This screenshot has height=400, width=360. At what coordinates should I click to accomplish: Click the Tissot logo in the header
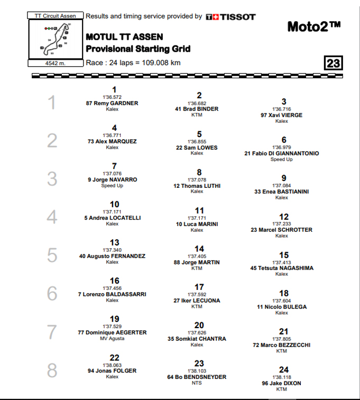tap(230, 17)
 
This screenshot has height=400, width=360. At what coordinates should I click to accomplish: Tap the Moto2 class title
tap(314, 26)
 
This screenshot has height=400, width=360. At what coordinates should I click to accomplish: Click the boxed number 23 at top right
tap(334, 64)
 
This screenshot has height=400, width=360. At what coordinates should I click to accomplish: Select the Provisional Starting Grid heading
tap(138, 50)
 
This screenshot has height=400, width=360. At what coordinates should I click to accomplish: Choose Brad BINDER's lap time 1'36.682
tap(197, 103)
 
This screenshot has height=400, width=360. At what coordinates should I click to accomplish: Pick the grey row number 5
tap(52, 256)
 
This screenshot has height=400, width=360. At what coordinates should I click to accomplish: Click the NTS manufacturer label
tap(197, 383)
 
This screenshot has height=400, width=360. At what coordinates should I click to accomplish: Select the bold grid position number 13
tap(114, 242)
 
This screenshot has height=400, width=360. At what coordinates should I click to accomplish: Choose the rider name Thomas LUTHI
tap(197, 186)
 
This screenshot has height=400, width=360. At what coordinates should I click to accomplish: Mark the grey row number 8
tap(52, 370)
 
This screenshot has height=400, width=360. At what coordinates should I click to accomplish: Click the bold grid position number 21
tap(284, 331)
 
